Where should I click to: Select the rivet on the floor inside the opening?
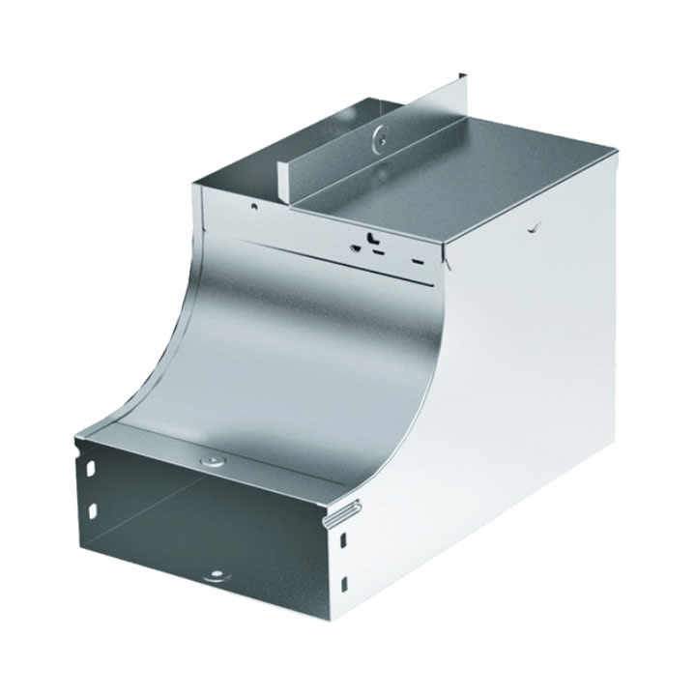click(x=215, y=578)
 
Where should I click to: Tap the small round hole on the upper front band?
click(x=253, y=206)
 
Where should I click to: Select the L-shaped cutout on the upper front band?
click(x=370, y=236)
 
